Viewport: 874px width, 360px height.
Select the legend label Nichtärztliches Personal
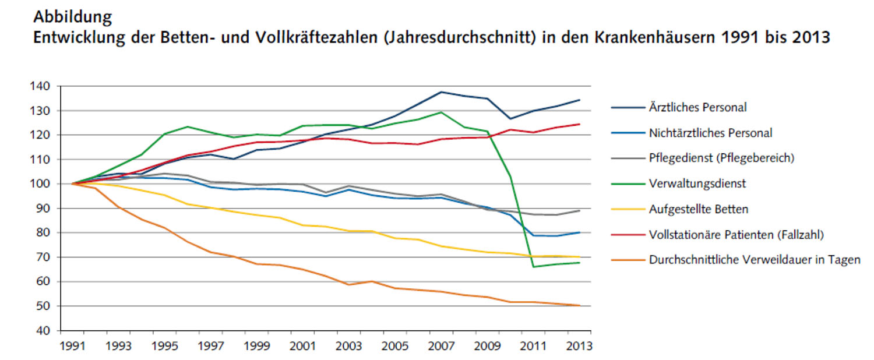710,133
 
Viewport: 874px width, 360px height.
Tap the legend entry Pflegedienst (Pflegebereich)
722,158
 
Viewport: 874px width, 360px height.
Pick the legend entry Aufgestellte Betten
697,209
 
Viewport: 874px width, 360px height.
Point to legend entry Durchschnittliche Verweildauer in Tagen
754,260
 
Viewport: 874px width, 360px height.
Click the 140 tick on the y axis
42,86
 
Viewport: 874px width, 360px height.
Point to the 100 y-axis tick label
42,184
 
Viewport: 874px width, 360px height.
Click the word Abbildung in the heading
73,17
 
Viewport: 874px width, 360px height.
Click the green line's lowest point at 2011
534,267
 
